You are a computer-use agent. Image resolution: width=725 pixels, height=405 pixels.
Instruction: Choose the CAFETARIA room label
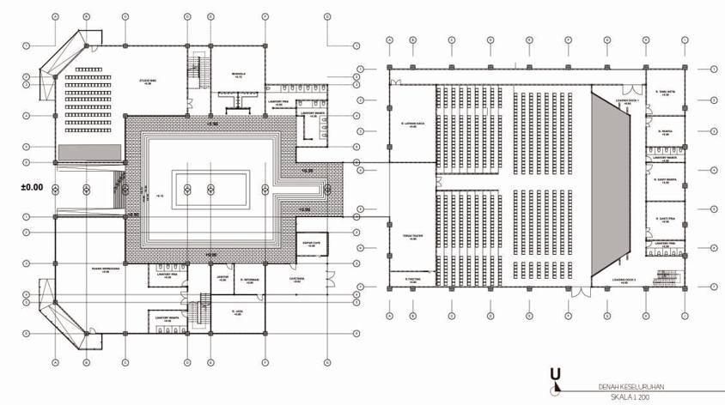[299, 278]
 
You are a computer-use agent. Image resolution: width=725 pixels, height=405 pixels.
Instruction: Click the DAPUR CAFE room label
[311, 245]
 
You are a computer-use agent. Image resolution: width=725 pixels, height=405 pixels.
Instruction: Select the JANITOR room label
[221, 277]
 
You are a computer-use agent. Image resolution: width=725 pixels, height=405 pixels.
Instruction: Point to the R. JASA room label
[237, 312]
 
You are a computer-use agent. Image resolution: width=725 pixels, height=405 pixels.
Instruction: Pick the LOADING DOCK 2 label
[624, 280]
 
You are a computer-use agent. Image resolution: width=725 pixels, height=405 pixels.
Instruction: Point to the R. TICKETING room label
[410, 279]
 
